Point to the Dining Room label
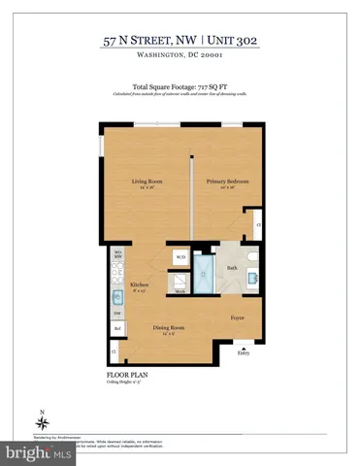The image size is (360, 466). [168, 327]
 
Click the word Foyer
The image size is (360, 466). [238, 316]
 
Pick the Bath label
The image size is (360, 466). [232, 269]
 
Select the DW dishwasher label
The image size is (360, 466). [116, 313]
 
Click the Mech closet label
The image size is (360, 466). [180, 288]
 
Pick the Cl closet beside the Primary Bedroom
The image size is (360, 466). [258, 224]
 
